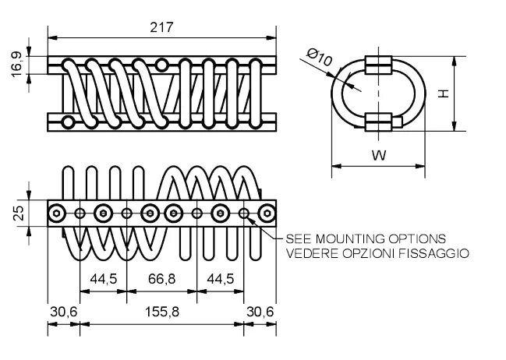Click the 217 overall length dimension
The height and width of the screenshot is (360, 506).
click(162, 26)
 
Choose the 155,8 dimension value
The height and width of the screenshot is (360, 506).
click(161, 311)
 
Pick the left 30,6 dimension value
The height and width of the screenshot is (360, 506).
click(62, 311)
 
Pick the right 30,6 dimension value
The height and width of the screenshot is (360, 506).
click(260, 311)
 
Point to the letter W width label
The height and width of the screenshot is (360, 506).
click(378, 155)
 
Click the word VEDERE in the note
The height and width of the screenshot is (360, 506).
click(307, 253)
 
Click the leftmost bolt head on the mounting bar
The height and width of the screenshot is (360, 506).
click(57, 214)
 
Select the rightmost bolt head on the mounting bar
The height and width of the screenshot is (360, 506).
click(267, 214)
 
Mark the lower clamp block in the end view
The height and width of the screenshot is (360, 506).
click(379, 121)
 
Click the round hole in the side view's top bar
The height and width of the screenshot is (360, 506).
click(161, 64)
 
